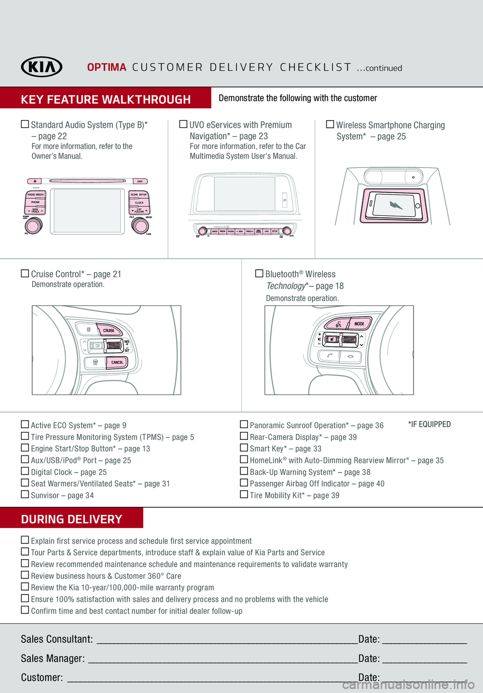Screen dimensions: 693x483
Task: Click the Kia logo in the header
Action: click(x=42, y=67)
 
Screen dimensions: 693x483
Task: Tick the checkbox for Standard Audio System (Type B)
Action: click(x=25, y=124)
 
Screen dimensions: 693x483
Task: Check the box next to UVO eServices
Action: click(x=183, y=124)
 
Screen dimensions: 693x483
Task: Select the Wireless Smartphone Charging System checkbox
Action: click(x=330, y=124)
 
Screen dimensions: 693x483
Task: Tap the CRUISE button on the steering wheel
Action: click(x=109, y=330)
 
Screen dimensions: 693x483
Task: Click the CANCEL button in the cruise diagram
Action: click(x=117, y=362)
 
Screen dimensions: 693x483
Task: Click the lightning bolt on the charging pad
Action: click(x=396, y=205)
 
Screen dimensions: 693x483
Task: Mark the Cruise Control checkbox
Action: click(x=25, y=273)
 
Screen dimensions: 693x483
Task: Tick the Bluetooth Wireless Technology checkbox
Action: click(x=259, y=273)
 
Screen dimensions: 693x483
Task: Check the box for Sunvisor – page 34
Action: click(x=25, y=494)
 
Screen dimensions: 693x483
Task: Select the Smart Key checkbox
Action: click(x=244, y=447)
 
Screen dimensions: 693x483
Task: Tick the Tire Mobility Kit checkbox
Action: click(x=244, y=494)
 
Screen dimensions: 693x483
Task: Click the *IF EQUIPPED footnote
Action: click(x=429, y=424)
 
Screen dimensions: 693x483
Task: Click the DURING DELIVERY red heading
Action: click(x=71, y=519)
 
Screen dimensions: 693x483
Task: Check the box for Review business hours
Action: click(x=25, y=575)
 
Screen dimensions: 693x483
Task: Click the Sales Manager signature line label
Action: click(x=52, y=658)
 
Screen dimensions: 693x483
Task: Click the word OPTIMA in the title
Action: click(x=107, y=67)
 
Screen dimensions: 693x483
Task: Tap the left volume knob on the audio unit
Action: click(x=33, y=225)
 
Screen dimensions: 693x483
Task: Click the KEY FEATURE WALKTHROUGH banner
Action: click(x=106, y=99)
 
